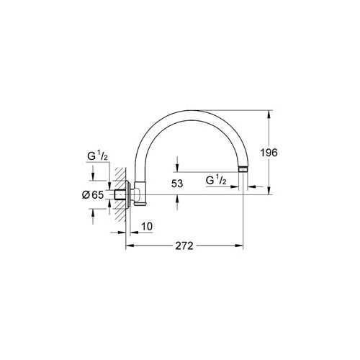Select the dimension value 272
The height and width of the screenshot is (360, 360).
click(x=184, y=246)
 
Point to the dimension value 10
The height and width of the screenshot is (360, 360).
click(x=147, y=227)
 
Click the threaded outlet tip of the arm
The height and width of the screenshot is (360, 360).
click(x=243, y=171)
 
